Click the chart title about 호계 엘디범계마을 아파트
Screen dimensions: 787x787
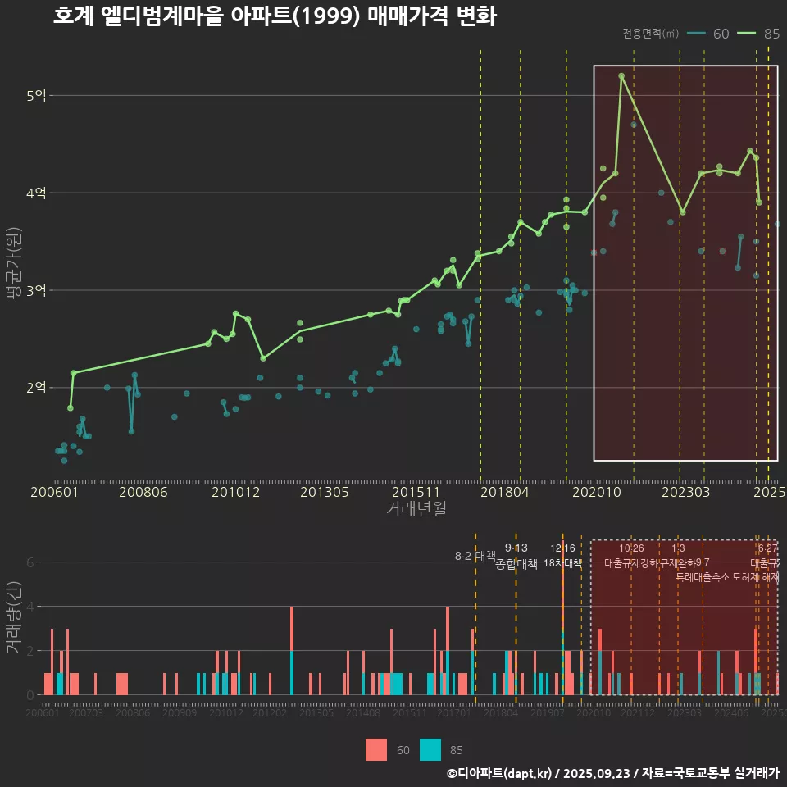(275, 16)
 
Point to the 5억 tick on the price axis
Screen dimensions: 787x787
(36, 96)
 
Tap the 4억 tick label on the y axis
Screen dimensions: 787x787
(36, 193)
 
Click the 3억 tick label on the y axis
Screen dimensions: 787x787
(36, 290)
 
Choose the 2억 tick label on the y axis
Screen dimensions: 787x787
(36, 388)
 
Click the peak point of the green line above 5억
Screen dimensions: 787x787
(621, 75)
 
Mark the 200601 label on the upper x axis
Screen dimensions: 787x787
(54, 492)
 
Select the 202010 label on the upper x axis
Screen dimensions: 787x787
(595, 492)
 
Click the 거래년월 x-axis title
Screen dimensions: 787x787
(416, 508)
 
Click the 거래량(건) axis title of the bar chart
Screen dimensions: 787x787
(12, 617)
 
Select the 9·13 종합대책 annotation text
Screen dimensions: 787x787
(516, 556)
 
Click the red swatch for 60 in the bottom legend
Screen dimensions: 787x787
(375, 749)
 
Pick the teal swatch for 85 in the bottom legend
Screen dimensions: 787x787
(430, 749)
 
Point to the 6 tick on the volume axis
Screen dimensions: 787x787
(30, 562)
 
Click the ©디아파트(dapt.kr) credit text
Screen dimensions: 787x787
(499, 773)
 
